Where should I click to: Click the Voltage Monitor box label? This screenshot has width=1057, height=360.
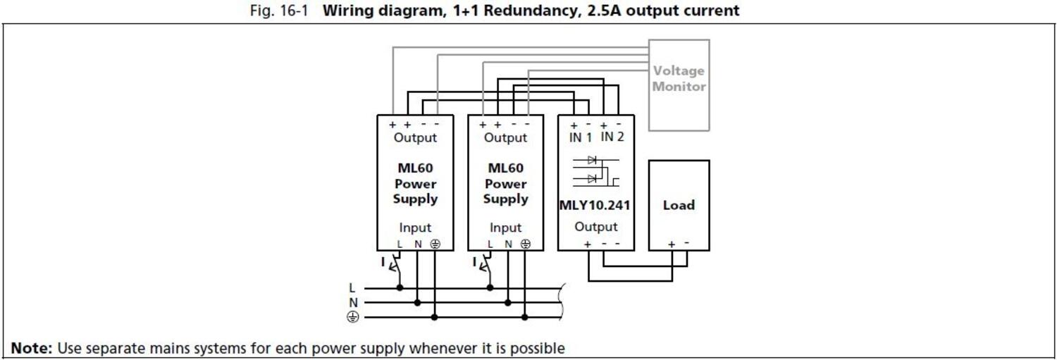tap(679, 78)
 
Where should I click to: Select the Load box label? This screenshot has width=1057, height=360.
tap(679, 205)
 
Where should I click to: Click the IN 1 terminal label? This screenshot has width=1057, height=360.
tap(581, 137)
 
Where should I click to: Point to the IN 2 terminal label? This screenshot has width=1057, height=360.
tap(612, 137)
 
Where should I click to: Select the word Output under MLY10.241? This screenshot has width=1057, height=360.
tap(595, 227)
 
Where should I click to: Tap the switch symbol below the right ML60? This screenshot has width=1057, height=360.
tap(487, 266)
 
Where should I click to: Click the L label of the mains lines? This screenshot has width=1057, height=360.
tap(352, 287)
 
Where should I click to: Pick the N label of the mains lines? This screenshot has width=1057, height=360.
tap(352, 302)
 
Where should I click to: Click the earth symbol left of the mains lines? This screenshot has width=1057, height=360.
tap(352, 317)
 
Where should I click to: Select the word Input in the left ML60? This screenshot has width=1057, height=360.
tap(415, 228)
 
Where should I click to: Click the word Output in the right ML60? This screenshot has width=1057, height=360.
tap(505, 137)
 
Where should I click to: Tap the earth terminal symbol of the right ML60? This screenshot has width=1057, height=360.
tap(525, 244)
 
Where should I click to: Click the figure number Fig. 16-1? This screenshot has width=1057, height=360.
tap(279, 11)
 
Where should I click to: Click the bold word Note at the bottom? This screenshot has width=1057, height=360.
tap(31, 348)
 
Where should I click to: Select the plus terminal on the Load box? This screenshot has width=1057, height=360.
tap(672, 244)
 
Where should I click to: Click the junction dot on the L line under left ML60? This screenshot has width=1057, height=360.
tap(400, 287)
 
